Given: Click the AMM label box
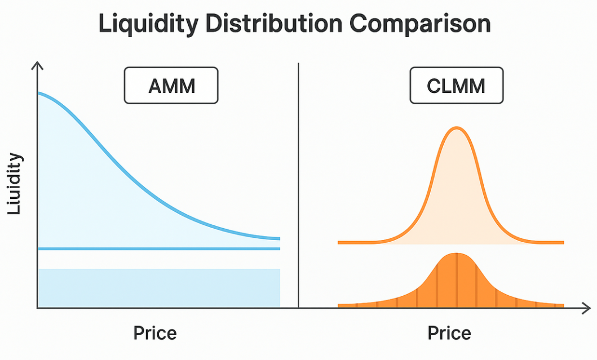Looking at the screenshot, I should [171, 86].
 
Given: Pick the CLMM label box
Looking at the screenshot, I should [457, 86].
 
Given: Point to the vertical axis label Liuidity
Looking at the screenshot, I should [15, 184].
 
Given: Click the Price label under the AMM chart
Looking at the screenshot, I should [155, 332].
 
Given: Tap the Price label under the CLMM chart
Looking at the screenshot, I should [449, 332].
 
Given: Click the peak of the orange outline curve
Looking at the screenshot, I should [457, 128].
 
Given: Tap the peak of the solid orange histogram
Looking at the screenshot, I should [457, 254].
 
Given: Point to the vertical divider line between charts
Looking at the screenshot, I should [299, 186].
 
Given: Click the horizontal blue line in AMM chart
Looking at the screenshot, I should [158, 248].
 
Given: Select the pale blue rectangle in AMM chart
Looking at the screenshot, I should [158, 288].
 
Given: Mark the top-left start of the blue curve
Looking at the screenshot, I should [39, 93].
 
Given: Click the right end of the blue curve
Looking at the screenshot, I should [278, 239].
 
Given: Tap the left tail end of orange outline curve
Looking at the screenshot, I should [340, 242].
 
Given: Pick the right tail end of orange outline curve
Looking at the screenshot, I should [562, 242].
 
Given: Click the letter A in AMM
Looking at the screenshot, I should [154, 87].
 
